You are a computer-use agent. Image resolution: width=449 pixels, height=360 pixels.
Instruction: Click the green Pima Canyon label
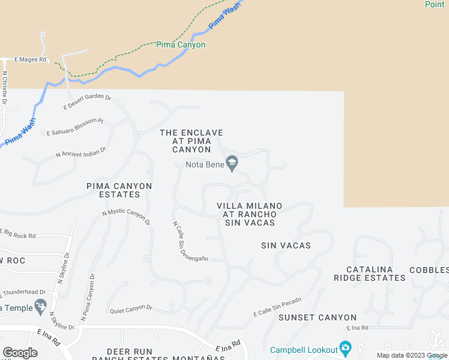pos(181,45)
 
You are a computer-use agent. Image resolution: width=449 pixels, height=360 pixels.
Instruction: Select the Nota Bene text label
pos(203,163)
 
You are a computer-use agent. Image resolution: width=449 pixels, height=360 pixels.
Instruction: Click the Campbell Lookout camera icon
pos(345,348)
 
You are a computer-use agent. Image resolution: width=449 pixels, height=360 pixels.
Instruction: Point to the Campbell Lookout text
pos(303,350)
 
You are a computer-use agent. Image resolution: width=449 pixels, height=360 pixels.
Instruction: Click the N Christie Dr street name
pos(5,89)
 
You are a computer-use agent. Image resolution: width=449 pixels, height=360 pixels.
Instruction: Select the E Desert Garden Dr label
pos(88,102)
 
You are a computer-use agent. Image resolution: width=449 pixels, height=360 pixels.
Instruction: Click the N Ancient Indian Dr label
pos(81,152)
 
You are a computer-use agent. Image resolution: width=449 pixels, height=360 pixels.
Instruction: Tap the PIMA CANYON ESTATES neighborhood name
pos(119,190)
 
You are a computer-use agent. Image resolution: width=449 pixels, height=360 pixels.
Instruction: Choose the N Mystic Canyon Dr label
pos(127,217)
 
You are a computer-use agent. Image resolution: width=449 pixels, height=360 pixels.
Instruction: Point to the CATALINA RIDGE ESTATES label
pos(370,274)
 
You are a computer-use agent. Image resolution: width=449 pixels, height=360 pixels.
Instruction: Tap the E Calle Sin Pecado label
pos(277,307)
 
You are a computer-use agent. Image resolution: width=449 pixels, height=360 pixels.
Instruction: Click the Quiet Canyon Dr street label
pos(131,310)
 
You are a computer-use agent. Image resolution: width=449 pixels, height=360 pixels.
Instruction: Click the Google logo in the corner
pos(20,352)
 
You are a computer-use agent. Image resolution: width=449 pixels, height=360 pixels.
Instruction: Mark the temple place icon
pos(40,307)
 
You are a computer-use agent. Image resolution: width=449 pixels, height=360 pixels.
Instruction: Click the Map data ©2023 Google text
pos(412,355)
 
